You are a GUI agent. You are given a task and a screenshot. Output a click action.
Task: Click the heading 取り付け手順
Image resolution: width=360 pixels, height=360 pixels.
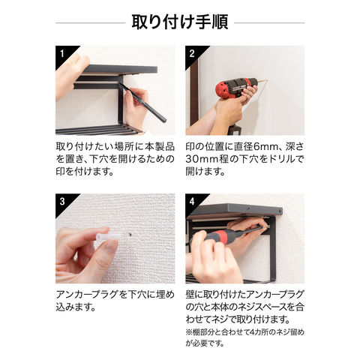pos(180,22)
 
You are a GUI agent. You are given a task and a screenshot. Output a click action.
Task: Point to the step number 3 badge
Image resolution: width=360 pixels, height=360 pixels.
pos(62,202)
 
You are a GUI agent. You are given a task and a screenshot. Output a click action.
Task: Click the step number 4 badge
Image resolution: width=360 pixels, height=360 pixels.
pos(192,202)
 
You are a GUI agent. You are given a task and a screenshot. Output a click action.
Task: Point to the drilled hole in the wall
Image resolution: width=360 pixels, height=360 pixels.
pos(131,235)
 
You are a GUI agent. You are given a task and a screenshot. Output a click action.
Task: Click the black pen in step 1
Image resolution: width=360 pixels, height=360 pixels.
pos(142,103)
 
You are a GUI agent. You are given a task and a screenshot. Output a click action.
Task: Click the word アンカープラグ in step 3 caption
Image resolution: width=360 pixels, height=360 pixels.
pos(87,295)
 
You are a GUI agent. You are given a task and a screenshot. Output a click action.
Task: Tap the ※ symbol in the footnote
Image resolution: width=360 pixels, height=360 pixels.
pos(189,332)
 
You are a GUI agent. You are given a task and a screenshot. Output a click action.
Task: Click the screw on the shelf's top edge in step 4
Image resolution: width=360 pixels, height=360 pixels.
pos(248,208)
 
